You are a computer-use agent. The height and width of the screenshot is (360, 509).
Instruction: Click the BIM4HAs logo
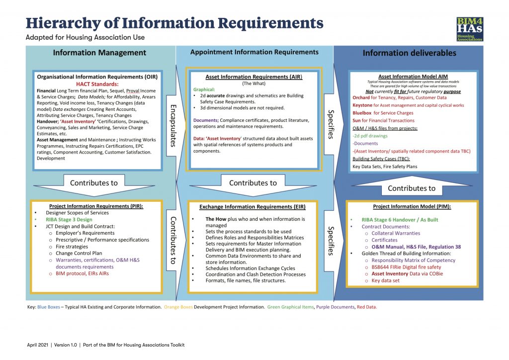pos(470,29)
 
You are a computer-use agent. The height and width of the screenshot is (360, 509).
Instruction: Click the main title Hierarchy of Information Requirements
pos(174,23)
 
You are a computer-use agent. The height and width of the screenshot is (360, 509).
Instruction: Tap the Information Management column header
pos(99,53)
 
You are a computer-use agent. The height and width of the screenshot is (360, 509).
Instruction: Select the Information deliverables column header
pos(409,53)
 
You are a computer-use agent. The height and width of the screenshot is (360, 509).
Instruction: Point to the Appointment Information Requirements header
pos(254,52)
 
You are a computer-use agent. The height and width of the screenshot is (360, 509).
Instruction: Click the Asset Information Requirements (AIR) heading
pos(254,77)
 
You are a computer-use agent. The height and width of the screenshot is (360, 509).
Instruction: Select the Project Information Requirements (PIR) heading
pos(96,206)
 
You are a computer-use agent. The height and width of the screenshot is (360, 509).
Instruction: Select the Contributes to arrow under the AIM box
pos(411,188)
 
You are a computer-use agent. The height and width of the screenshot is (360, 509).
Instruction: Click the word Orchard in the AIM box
pos(361,98)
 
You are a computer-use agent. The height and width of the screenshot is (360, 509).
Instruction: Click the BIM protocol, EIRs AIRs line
pos(83,273)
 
